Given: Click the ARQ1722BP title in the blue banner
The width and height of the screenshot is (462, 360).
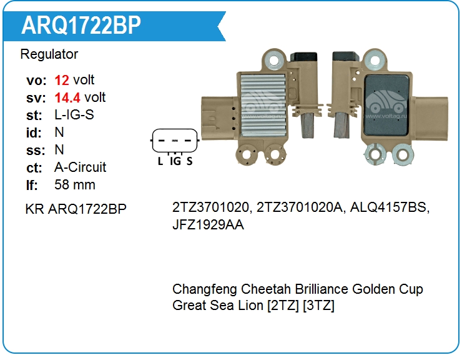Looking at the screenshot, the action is pyautogui.click(x=81, y=25).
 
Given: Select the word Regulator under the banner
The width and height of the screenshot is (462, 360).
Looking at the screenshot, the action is pyautogui.click(x=49, y=54).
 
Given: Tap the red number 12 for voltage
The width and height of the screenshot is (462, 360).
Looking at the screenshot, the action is pyautogui.click(x=62, y=80).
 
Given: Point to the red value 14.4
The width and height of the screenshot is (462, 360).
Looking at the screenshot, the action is pyautogui.click(x=67, y=97).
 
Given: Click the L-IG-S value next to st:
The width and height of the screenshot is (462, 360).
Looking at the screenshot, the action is pyautogui.click(x=74, y=115).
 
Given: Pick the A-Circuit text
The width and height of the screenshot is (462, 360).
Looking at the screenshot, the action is pyautogui.click(x=80, y=167).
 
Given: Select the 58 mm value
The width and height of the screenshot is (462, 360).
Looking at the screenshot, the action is pyautogui.click(x=75, y=185).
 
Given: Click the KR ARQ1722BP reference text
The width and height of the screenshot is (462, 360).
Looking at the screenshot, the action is pyautogui.click(x=76, y=209).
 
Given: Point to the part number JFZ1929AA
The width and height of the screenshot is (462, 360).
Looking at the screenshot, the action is pyautogui.click(x=208, y=225).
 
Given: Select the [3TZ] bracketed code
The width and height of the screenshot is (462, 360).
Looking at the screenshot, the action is pyautogui.click(x=318, y=305).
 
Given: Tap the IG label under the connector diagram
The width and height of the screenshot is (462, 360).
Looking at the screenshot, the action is pyautogui.click(x=175, y=161).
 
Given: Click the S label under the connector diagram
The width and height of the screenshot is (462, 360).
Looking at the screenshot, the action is pyautogui.click(x=189, y=161).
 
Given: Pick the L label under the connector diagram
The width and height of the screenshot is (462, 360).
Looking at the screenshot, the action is pyautogui.click(x=160, y=161).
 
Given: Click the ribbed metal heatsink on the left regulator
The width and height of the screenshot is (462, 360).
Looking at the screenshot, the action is pyautogui.click(x=263, y=105).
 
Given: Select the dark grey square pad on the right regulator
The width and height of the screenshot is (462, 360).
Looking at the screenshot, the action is pyautogui.click(x=386, y=106).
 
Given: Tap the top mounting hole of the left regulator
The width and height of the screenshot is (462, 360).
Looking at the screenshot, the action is pyautogui.click(x=274, y=61).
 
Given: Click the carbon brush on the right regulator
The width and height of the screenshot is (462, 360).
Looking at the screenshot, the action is pyautogui.click(x=342, y=126).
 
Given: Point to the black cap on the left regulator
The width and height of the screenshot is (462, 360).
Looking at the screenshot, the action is pyautogui.click(x=304, y=57).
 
